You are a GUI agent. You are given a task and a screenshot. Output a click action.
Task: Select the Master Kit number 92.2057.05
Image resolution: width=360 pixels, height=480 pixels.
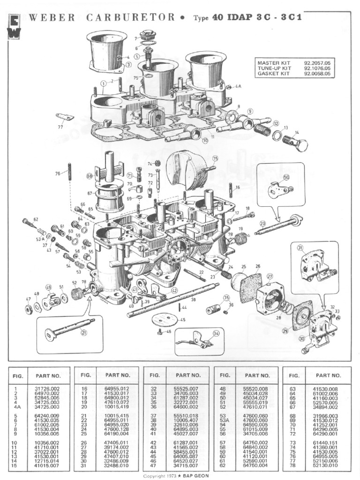point(317,62)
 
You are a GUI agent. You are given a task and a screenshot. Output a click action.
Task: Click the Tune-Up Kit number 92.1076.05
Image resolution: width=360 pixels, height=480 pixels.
point(317,68)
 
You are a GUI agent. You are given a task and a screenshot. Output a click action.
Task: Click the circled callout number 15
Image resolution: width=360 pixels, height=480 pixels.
point(215,158)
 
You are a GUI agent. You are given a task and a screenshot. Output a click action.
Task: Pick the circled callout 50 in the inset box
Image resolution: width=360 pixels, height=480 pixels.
point(286,177)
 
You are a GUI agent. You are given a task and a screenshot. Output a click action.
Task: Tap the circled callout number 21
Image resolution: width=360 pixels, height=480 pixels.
point(84,333)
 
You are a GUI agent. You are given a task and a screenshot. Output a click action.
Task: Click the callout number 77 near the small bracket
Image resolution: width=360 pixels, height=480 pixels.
point(60,127)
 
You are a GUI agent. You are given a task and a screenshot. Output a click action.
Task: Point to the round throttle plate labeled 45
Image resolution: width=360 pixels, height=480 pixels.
point(164,320)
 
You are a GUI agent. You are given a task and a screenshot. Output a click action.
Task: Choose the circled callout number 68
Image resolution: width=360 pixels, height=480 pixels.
point(90,176)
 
